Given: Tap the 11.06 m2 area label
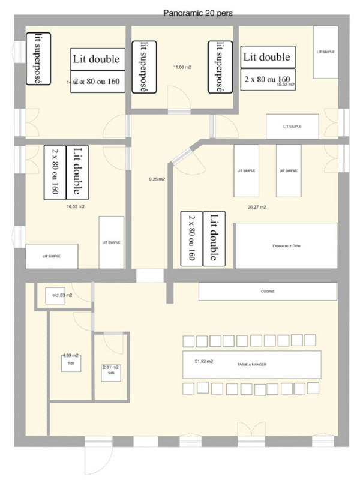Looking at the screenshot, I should tap(182, 67).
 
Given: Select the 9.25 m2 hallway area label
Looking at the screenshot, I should tap(157, 179).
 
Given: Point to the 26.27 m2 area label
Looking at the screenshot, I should tap(257, 207).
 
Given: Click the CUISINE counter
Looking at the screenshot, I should tap(268, 291).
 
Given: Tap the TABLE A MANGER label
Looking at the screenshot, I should tap(251, 364).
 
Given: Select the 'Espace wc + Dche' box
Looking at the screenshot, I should tap(285, 246).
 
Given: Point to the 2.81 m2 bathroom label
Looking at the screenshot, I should tap(111, 367).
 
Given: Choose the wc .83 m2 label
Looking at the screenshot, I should tap(62, 295).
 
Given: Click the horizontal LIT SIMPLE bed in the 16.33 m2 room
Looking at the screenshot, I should tap(52, 256).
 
